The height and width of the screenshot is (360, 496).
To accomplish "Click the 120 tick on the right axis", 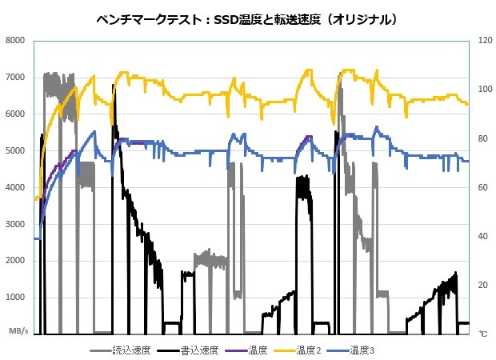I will [484, 41].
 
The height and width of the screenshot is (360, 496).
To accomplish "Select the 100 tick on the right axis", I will [484, 90].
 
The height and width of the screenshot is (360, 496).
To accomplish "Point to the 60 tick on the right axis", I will [482, 187].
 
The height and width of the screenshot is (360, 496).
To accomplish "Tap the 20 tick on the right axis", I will [482, 286].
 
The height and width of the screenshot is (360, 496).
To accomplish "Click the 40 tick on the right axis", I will [482, 237].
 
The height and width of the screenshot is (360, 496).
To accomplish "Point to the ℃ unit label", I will [482, 332].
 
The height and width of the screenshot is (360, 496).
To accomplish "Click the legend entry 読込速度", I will [130, 349].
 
